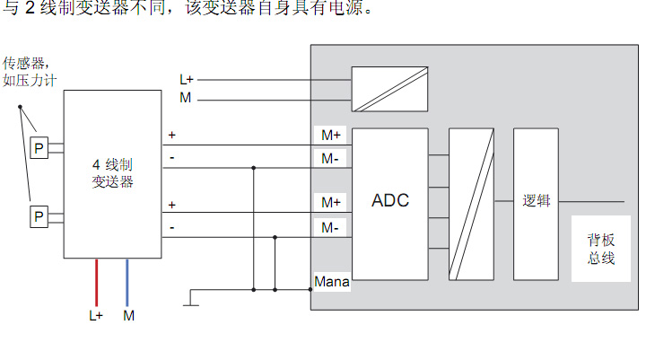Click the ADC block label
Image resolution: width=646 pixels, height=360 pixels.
(390, 200)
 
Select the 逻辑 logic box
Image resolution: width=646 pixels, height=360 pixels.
(536, 202)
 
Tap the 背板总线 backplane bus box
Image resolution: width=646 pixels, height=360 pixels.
(600, 249)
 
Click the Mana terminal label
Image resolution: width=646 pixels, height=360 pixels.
(332, 282)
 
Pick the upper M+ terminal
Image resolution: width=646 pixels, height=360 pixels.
(331, 136)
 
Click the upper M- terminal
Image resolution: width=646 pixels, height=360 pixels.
(331, 159)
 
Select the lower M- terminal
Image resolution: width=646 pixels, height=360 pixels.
(331, 227)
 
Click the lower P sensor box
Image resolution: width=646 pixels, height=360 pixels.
(39, 216)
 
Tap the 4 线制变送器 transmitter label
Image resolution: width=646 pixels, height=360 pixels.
(113, 173)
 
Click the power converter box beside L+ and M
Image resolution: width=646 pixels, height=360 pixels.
(389, 89)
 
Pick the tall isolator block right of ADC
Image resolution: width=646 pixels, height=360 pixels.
(471, 204)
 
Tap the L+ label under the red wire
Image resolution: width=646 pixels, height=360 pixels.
(96, 316)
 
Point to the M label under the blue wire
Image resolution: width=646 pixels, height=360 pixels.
(128, 316)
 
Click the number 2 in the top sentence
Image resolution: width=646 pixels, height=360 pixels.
(29, 9)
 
